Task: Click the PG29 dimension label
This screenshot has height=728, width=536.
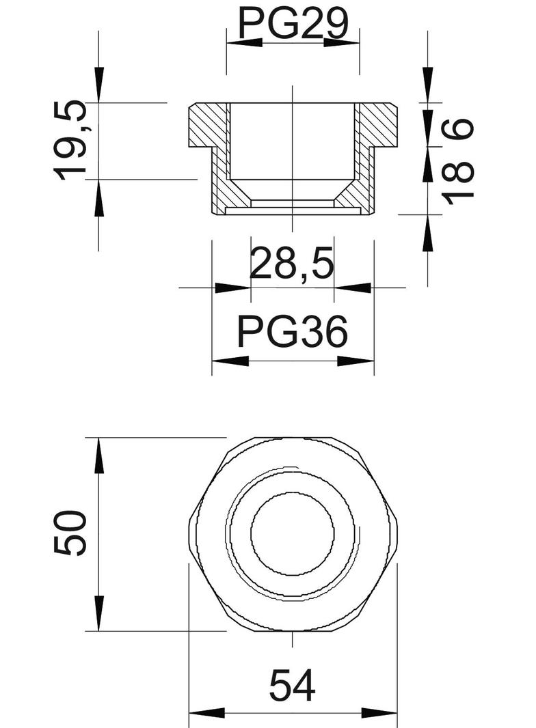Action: pos(293,24)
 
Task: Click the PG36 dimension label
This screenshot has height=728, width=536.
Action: pos(293,333)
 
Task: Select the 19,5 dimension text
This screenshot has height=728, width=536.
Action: pos(72,140)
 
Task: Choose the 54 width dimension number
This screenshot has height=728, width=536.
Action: pos(292,686)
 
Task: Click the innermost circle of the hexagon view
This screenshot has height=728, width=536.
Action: pos(292,533)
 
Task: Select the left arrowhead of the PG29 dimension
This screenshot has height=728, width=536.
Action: pos(243,42)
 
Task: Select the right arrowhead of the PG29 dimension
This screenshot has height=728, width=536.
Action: pos(342,42)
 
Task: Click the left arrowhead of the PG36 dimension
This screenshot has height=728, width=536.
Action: pos(230,361)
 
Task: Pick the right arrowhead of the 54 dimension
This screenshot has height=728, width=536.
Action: pos(380,714)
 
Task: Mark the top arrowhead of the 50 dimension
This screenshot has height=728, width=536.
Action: pos(99,454)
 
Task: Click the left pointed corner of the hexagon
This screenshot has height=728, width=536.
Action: pos(189,533)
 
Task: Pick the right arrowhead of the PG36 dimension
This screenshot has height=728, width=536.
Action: pos(356,361)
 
